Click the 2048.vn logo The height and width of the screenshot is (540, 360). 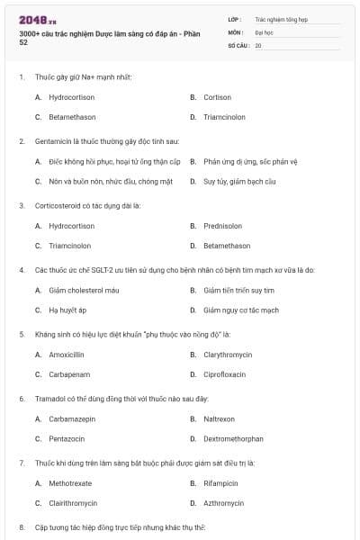pyautogui.click(x=33, y=20)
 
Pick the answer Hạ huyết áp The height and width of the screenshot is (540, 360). pyautogui.click(x=67, y=310)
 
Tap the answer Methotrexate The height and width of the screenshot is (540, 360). pyautogui.click(x=70, y=483)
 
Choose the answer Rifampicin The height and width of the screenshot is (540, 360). pyautogui.click(x=220, y=483)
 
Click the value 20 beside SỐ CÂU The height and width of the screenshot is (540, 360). pyautogui.click(x=258, y=44)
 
